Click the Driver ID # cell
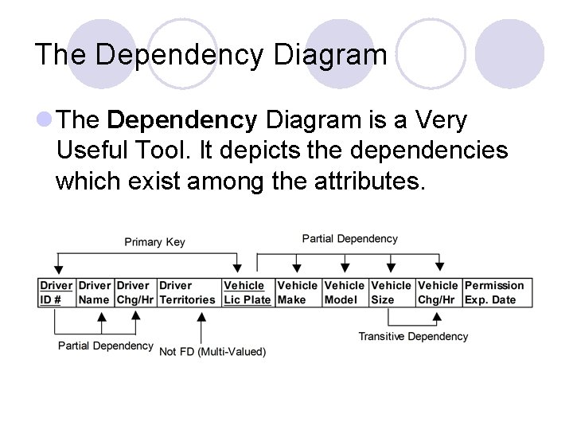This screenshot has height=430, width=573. click(56, 292)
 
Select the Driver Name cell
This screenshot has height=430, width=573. click(95, 292)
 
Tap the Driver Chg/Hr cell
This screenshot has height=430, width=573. click(134, 292)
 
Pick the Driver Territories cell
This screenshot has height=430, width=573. click(187, 292)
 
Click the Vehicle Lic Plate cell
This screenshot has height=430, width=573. click(247, 292)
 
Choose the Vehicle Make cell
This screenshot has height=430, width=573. click(297, 292)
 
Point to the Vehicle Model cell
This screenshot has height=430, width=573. click(345, 292)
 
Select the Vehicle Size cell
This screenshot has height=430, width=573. click(392, 292)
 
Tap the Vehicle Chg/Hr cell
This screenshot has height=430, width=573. click(439, 292)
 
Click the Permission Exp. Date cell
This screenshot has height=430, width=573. click(495, 292)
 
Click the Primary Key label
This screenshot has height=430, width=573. click(154, 242)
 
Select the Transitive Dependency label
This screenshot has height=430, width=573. click(413, 336)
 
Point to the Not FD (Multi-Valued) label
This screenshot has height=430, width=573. click(212, 351)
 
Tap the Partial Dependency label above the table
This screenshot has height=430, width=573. click(350, 238)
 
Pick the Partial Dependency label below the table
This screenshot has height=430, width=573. click(106, 346)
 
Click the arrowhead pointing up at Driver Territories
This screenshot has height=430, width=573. click(201, 316)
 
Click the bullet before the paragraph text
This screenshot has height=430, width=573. click(45, 121)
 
